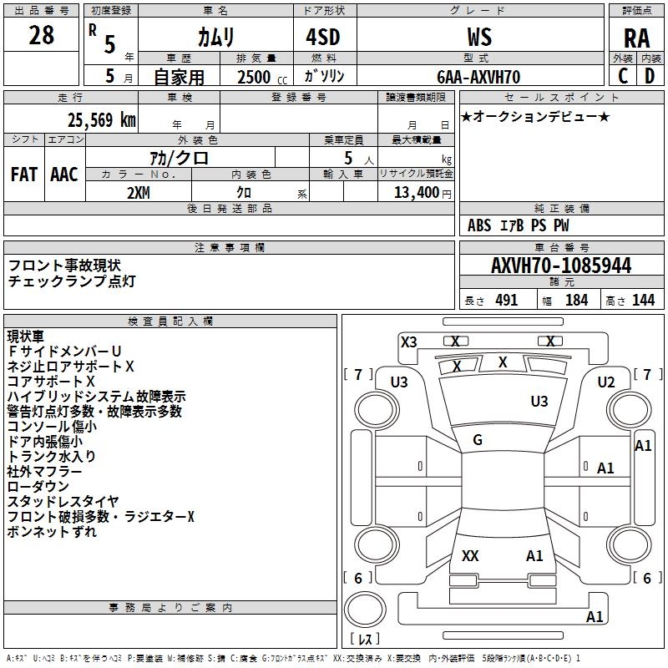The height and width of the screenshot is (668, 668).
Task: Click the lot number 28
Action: [x=41, y=35]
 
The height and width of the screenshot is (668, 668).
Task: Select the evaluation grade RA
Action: [x=636, y=38]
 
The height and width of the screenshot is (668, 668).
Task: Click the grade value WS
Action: [x=479, y=37]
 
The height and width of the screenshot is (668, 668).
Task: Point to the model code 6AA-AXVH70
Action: [x=478, y=77]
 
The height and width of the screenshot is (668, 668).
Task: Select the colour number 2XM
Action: [x=139, y=191]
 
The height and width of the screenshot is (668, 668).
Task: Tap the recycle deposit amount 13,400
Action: [x=415, y=192]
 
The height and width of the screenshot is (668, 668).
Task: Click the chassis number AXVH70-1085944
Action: [x=561, y=266]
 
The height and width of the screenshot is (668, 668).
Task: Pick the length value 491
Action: [x=505, y=301]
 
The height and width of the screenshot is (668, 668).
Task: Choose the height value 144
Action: [x=643, y=301]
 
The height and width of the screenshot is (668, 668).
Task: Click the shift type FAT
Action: [x=24, y=175]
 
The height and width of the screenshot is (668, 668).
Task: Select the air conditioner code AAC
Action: [x=64, y=175]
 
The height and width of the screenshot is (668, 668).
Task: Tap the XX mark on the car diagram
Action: [x=470, y=555]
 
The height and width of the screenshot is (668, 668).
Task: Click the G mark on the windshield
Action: [x=478, y=440]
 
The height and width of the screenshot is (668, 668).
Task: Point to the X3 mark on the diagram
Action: [x=409, y=342]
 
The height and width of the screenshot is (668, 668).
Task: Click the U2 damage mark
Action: [x=606, y=382]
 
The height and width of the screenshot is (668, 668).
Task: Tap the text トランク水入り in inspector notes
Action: [x=52, y=457]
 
